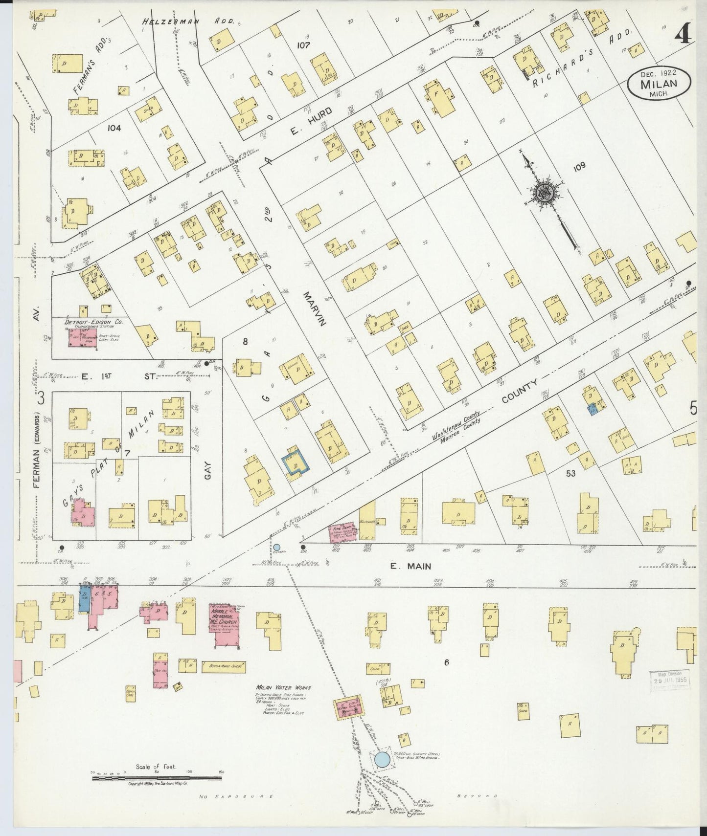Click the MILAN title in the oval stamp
pos(660,83)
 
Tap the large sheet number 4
pos(683,34)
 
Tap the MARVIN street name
pos(313,308)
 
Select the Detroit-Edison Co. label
pos(93,322)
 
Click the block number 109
pos(579,166)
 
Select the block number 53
pos(570,473)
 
